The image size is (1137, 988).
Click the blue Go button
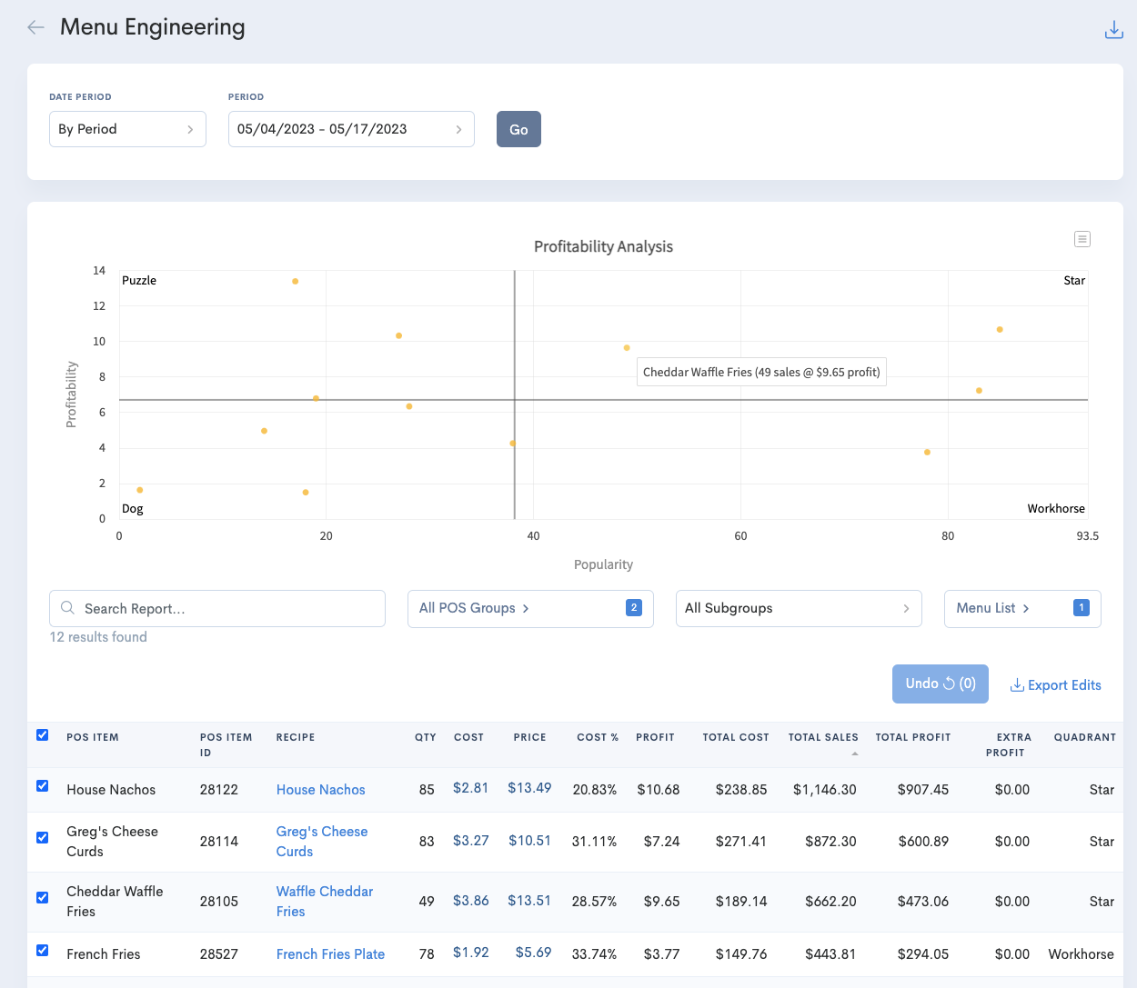click(518, 129)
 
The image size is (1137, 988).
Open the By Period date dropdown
click(127, 129)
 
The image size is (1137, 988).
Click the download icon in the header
click(1113, 30)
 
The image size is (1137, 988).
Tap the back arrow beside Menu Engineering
click(35, 27)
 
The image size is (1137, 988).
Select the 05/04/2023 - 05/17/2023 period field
click(350, 129)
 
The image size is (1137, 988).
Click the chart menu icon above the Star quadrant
click(1082, 239)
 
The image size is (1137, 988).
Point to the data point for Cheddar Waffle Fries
click(627, 348)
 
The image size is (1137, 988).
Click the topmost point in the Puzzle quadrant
click(295, 282)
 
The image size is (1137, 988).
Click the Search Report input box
click(217, 608)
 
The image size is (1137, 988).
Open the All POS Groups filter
click(530, 608)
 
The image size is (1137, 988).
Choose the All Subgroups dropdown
click(798, 608)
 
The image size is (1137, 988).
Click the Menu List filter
click(1021, 608)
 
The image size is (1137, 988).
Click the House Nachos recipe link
click(320, 790)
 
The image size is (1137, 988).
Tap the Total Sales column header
click(822, 737)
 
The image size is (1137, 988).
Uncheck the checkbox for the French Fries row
click(42, 951)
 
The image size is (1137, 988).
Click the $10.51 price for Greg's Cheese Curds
click(529, 841)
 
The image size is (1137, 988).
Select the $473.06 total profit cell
click(922, 902)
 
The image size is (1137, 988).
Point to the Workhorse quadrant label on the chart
click(1055, 509)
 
